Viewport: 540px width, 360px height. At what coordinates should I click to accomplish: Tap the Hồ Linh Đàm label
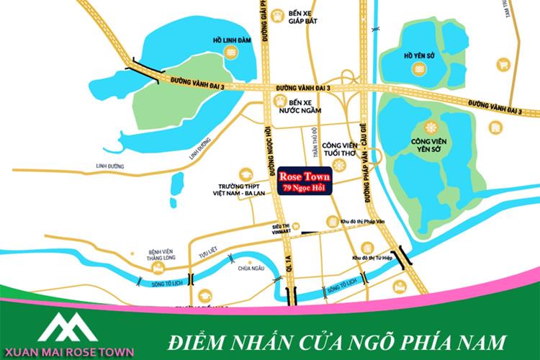(x=229, y=32)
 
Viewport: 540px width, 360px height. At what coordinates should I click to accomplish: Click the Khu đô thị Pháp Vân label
(x=363, y=222)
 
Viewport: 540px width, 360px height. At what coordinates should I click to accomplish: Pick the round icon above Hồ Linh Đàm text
(x=229, y=50)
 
